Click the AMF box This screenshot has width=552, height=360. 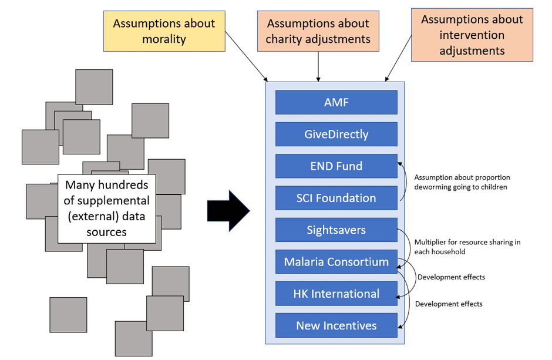(x=336, y=102)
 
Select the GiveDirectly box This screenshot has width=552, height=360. (x=336, y=134)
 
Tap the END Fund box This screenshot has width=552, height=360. (x=336, y=166)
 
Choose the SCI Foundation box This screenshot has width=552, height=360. (x=336, y=198)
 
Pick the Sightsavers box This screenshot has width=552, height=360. (x=336, y=230)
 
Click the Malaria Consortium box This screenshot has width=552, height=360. (x=336, y=262)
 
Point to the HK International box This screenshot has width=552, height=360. (x=336, y=294)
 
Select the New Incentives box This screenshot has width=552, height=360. (x=336, y=325)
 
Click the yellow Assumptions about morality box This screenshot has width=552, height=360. (x=164, y=31)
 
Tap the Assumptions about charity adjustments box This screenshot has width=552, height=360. (x=318, y=31)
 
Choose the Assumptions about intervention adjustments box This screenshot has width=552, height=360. (x=472, y=35)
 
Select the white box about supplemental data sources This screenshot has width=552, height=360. (x=106, y=208)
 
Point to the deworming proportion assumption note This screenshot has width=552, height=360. (x=462, y=182)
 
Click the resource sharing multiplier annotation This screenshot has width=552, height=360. (x=467, y=247)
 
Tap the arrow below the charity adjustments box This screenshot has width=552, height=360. (x=318, y=66)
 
